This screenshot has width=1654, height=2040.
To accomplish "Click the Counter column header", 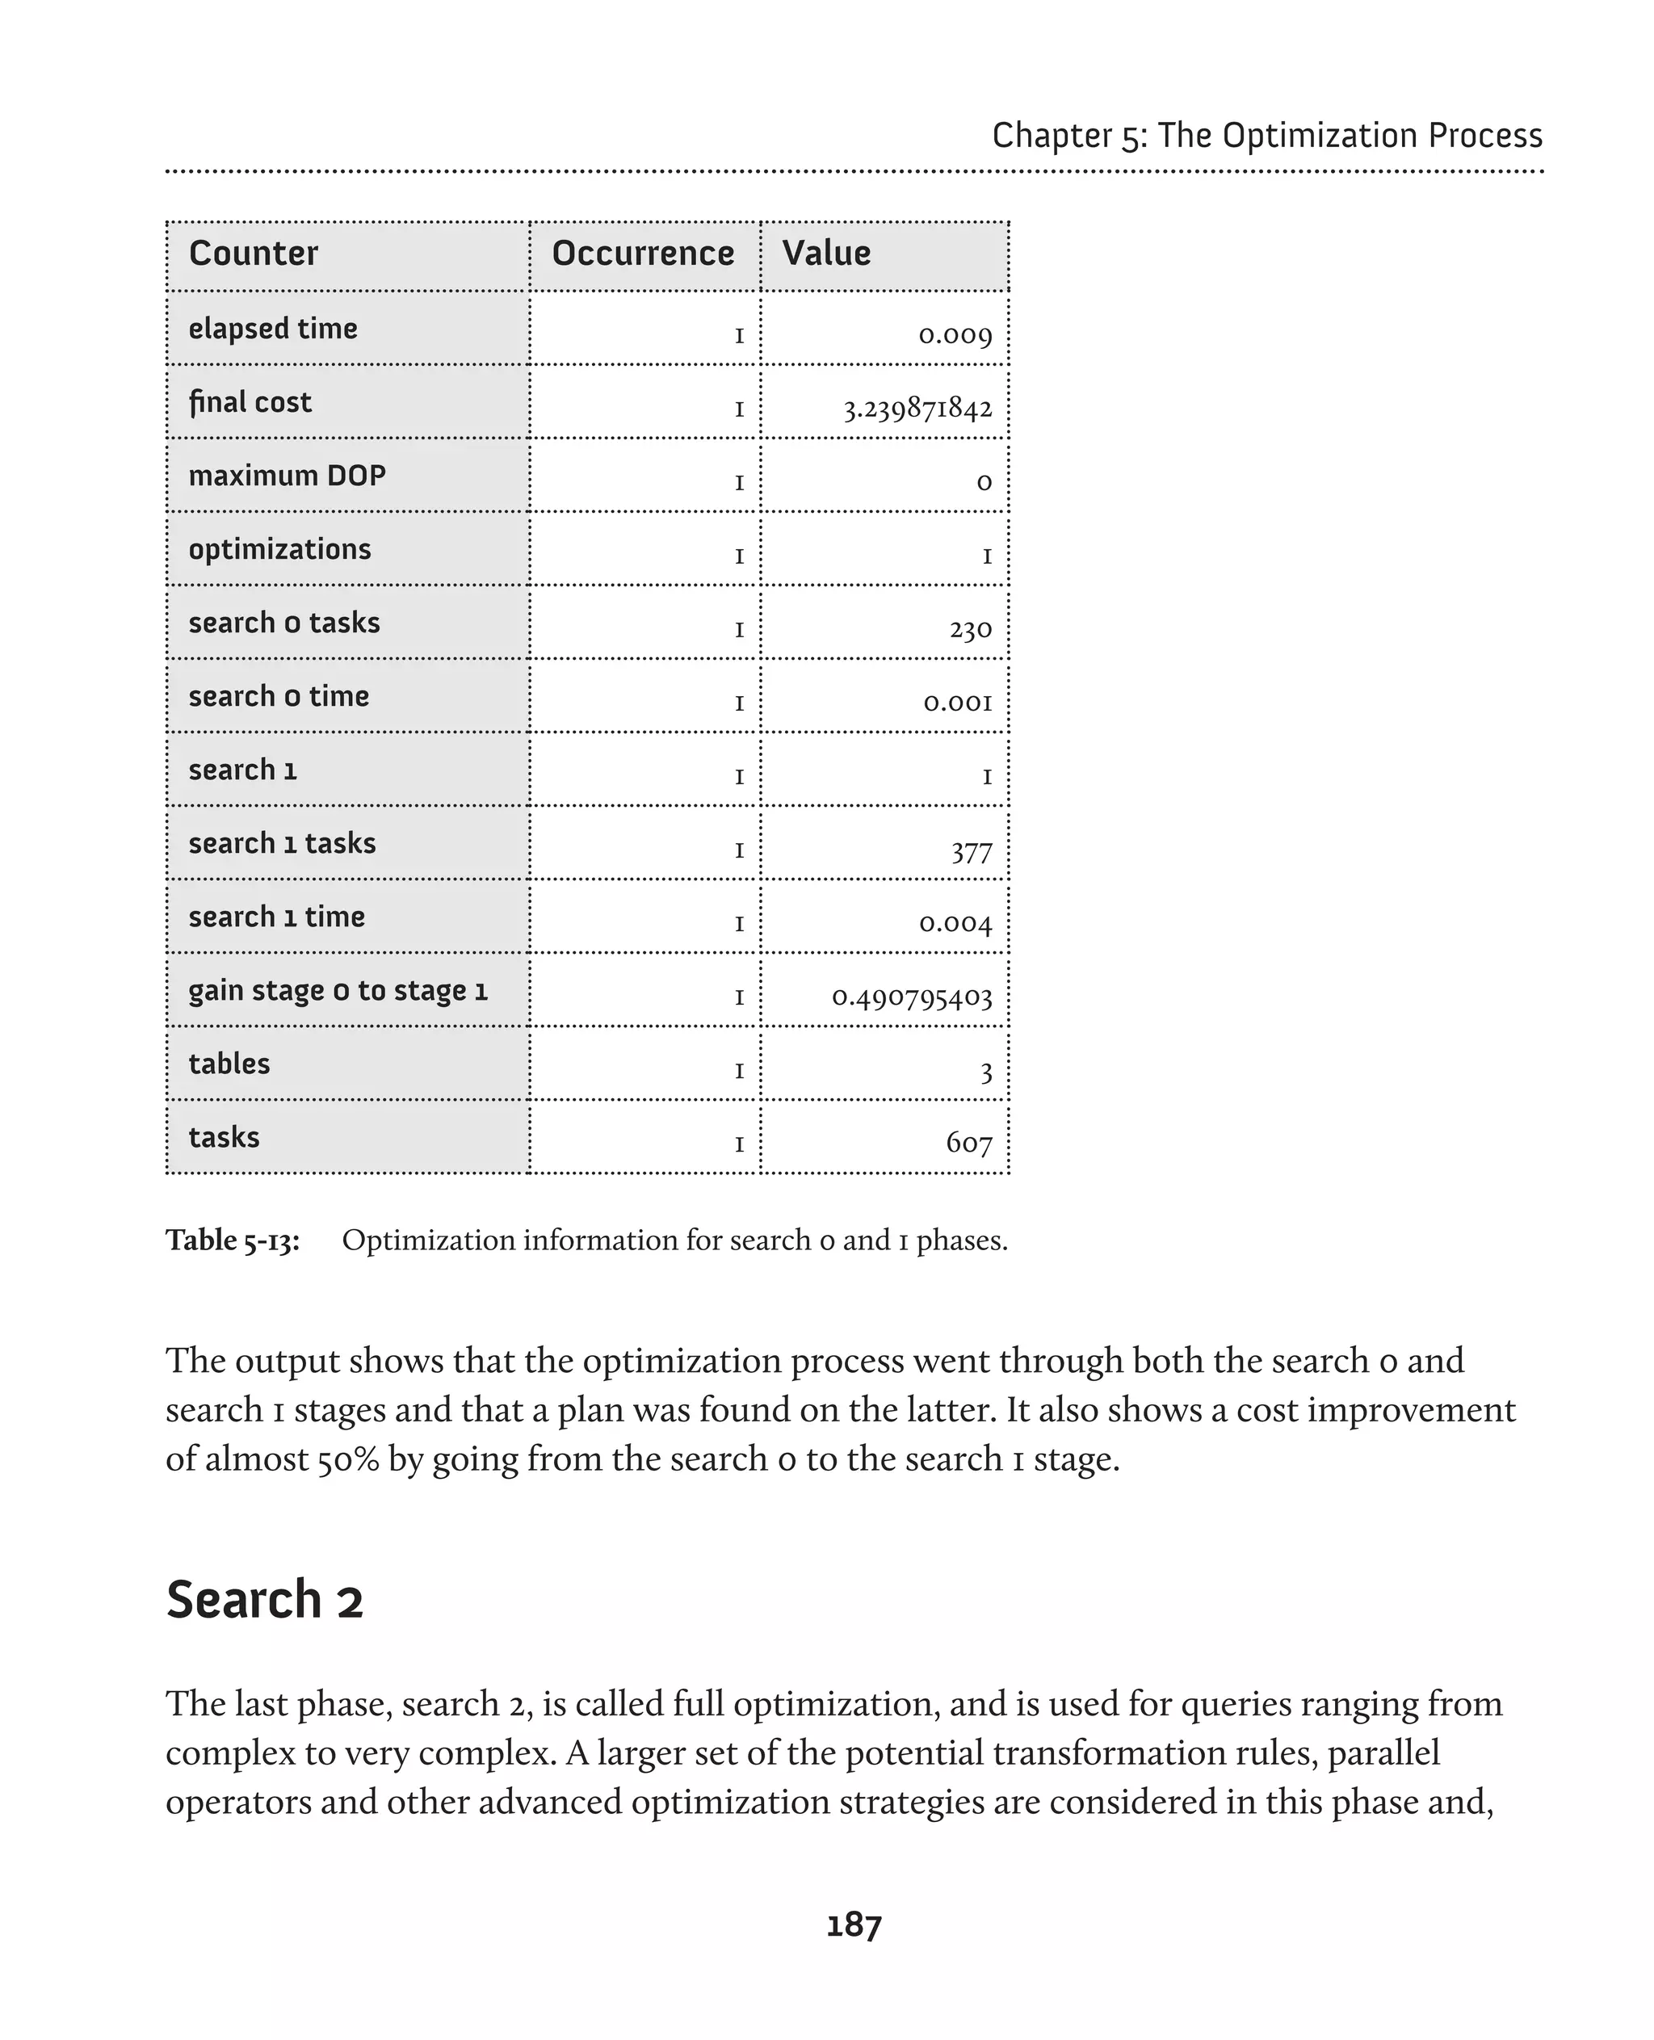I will click(254, 254).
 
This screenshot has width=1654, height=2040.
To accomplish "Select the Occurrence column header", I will click(643, 254).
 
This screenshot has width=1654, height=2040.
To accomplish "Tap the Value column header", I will click(826, 254).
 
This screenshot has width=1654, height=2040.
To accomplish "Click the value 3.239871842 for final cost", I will click(917, 409).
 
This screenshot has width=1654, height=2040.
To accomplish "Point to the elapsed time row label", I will click(272, 329).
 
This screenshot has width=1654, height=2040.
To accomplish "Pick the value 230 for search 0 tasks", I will click(970, 629).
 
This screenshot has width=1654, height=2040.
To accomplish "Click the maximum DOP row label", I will click(287, 476).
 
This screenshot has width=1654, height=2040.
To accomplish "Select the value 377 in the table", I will click(971, 850).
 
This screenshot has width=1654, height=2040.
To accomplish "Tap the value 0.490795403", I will click(912, 997).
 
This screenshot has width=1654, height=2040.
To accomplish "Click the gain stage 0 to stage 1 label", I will click(338, 991).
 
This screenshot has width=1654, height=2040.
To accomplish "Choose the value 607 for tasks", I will click(969, 1143).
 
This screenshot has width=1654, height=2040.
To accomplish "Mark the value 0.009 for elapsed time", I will click(955, 335).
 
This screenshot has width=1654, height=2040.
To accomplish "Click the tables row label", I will click(229, 1064).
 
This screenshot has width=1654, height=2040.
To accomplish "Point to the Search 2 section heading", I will click(265, 1600).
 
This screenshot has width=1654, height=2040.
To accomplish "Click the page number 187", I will click(854, 1925).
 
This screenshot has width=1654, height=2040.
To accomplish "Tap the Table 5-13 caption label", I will click(233, 1240).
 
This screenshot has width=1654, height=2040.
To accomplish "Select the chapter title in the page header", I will click(1266, 136).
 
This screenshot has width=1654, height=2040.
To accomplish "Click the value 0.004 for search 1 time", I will click(955, 923).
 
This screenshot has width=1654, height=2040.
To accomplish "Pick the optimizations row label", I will click(279, 550).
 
